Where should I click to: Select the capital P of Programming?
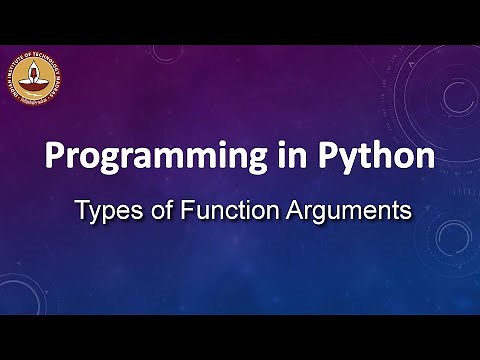coord(53,158)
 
